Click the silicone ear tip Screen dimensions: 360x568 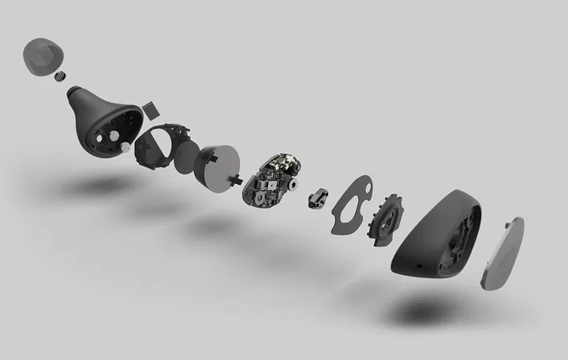click(x=44, y=56)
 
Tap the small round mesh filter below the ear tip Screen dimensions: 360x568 click(x=61, y=77)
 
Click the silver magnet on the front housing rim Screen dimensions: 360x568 click(x=125, y=147)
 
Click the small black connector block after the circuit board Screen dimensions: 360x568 click(x=319, y=197)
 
